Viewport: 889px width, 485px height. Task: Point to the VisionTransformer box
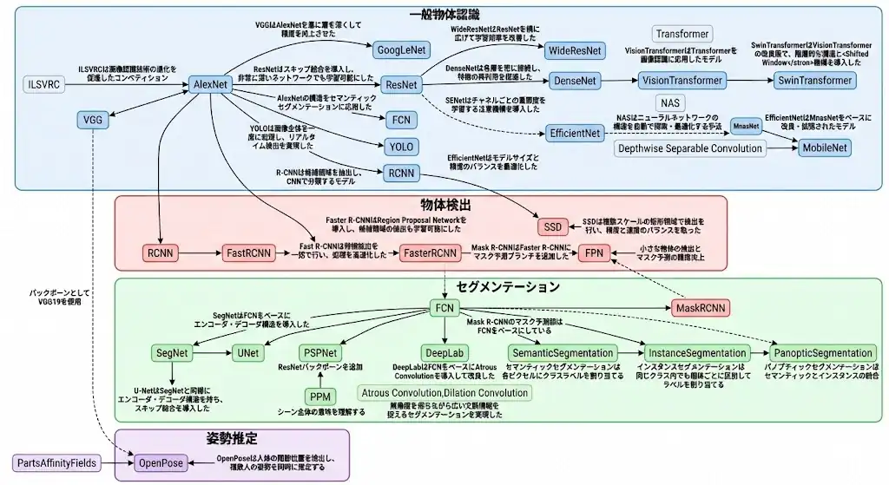(682, 81)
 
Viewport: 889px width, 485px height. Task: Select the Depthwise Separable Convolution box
(691, 148)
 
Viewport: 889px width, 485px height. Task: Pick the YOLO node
(401, 146)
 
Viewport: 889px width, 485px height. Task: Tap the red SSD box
(552, 226)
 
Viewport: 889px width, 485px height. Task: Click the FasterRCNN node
(429, 253)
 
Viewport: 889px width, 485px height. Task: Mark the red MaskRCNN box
(701, 308)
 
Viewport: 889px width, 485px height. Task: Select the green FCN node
(444, 308)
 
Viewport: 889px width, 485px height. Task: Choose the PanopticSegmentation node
(823, 353)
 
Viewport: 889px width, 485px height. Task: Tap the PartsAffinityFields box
(56, 463)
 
